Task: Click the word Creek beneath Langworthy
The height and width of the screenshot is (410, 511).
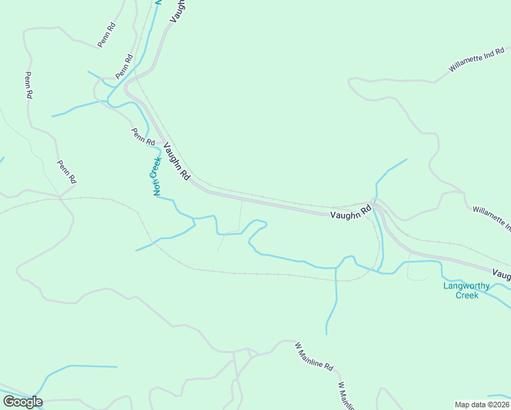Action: pyautogui.click(x=467, y=295)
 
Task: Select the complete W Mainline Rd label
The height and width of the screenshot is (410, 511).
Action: pyautogui.click(x=314, y=356)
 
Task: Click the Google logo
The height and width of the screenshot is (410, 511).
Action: pyautogui.click(x=23, y=402)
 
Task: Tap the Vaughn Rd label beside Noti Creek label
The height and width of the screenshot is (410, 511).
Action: pyautogui.click(x=176, y=162)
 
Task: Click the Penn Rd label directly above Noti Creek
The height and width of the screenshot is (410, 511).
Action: pyautogui.click(x=143, y=137)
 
